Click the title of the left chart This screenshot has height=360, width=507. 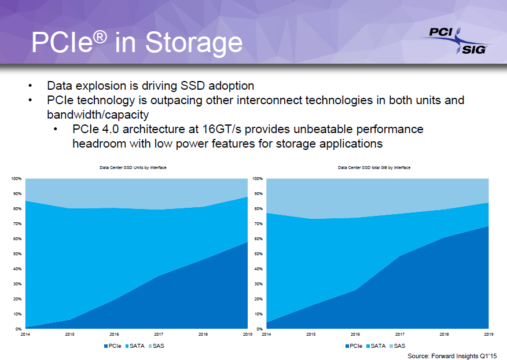tap(134, 167)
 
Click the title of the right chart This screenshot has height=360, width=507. tap(374, 167)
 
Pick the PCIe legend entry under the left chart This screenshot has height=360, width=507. tap(113, 346)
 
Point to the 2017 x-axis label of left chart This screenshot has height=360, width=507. tap(159, 335)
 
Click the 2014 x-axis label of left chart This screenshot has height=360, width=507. tap(25, 335)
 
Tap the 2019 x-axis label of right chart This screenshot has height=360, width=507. tap(488, 335)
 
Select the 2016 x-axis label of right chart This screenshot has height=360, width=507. tap(355, 335)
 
